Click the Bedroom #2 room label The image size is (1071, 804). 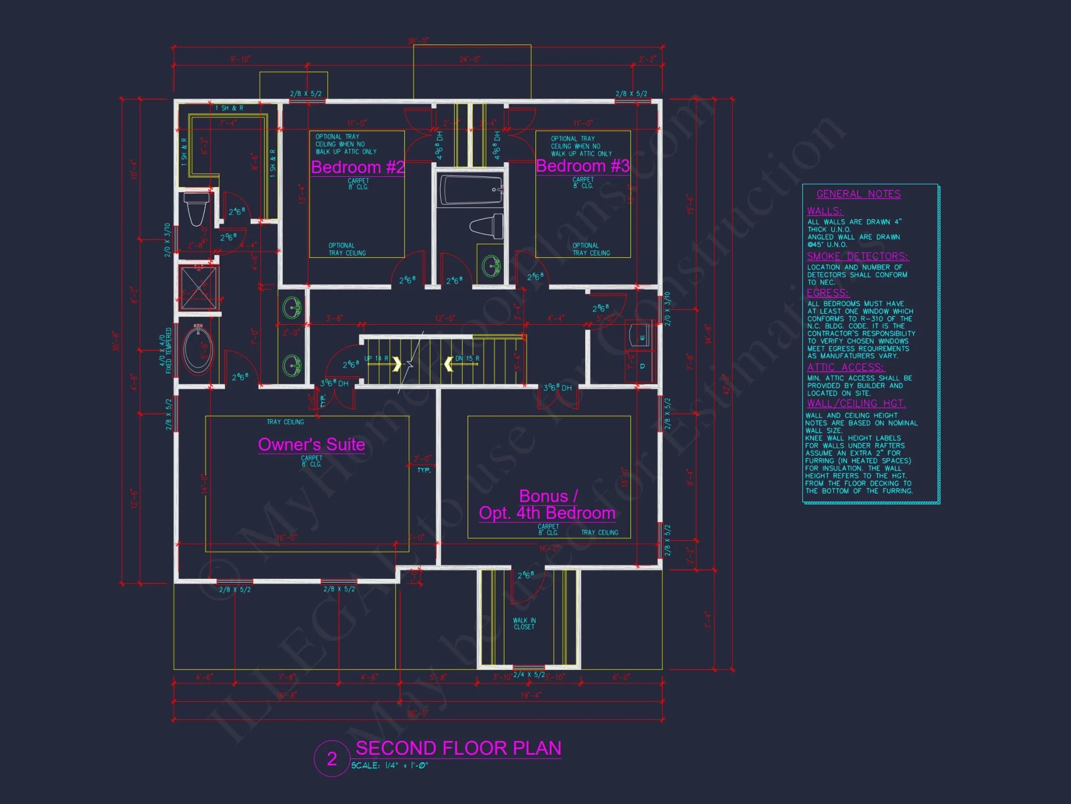[x=357, y=167]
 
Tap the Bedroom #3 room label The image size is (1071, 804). [x=583, y=166]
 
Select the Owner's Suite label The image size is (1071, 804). [x=311, y=444]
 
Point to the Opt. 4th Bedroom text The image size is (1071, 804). [x=547, y=513]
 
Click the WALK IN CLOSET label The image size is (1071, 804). [x=524, y=623]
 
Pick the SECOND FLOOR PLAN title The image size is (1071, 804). [x=458, y=748]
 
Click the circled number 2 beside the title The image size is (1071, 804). [x=332, y=758]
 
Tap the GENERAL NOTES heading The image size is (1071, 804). [x=858, y=194]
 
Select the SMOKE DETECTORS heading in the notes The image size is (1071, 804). [x=857, y=256]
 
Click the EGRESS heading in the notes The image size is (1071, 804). [x=827, y=293]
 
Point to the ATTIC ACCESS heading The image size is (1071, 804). [x=846, y=367]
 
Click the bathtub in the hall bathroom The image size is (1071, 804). [x=471, y=190]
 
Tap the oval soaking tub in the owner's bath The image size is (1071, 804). [x=199, y=350]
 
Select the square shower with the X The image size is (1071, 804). [x=199, y=287]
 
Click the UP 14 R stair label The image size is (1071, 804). [x=376, y=358]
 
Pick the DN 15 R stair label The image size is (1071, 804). [x=467, y=358]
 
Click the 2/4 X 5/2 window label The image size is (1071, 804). [x=529, y=675]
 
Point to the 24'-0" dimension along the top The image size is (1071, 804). [x=470, y=59]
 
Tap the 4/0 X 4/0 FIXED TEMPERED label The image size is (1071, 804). [x=165, y=351]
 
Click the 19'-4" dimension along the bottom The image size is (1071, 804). [x=531, y=695]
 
